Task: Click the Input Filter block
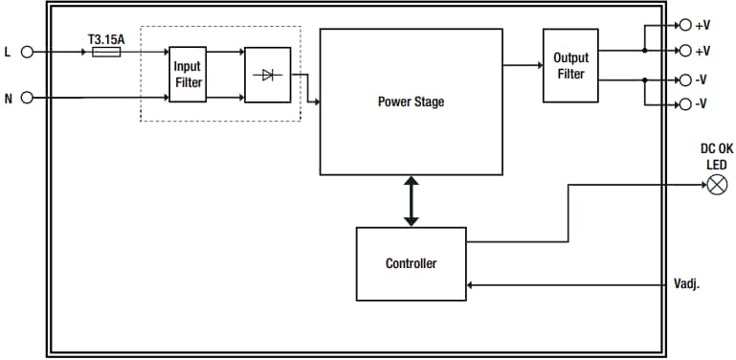(x=188, y=74)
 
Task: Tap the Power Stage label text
(x=411, y=101)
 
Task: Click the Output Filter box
(x=570, y=65)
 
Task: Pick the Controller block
(x=411, y=263)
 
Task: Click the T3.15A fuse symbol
(x=105, y=53)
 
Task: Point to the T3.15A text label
(x=105, y=39)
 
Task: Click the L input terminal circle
(x=27, y=53)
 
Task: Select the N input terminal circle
(x=27, y=97)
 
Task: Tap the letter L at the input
(x=9, y=53)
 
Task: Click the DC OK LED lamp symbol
(x=716, y=185)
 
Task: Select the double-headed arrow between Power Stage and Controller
(x=411, y=201)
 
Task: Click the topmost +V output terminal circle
(x=683, y=25)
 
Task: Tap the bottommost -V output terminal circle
(x=683, y=103)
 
